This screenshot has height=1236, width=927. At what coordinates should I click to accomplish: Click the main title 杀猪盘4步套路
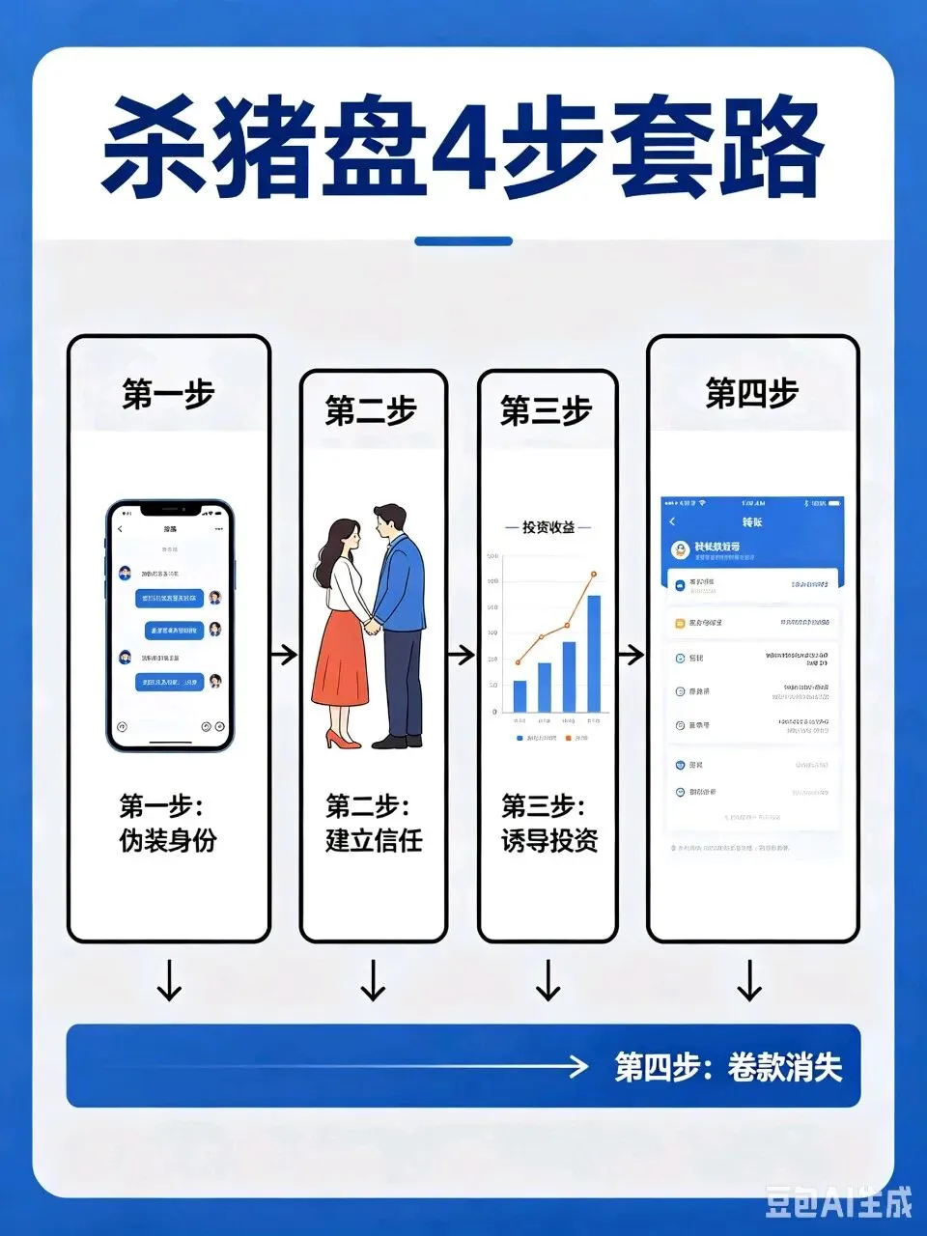point(463,147)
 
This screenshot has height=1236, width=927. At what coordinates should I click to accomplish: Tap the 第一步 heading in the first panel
point(168,394)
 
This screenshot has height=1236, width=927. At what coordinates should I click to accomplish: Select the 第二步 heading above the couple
point(371,411)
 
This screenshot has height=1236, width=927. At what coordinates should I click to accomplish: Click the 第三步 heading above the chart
point(546,411)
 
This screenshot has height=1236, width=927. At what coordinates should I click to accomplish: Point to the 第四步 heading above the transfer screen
point(751,394)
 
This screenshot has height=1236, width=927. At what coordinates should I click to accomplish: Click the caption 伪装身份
point(168,840)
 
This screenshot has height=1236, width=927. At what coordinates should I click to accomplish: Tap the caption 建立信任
point(374,840)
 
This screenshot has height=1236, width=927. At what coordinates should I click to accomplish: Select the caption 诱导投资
point(549,840)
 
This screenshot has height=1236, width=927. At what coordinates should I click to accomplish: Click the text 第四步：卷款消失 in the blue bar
point(728,1067)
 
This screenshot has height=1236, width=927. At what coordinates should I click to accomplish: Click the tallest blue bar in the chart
point(594,654)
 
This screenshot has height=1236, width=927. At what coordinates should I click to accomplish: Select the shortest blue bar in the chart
point(520,695)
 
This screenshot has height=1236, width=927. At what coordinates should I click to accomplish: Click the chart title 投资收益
point(548,527)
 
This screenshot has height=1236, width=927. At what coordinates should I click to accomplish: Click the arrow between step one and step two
point(284,655)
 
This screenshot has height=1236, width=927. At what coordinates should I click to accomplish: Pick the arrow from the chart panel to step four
point(631,655)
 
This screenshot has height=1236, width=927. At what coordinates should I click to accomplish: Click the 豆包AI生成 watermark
point(838,1203)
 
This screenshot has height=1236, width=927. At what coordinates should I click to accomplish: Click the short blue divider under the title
point(463,241)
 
